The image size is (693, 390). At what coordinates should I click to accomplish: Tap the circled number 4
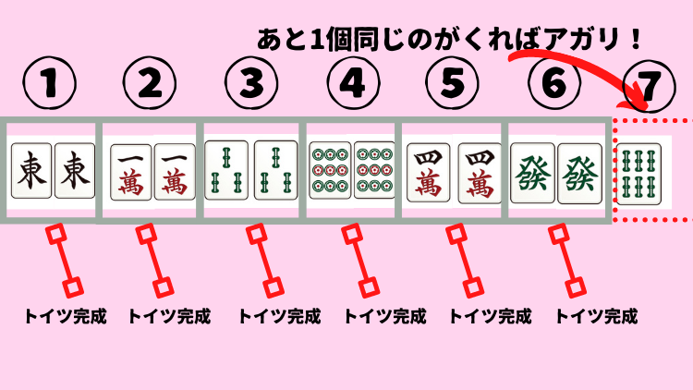[350, 87]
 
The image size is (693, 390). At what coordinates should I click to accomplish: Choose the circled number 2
[149, 87]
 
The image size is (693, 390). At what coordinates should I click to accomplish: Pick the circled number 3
[250, 87]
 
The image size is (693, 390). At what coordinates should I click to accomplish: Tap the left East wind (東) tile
[31, 170]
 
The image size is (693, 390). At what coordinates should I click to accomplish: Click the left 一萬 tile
[130, 170]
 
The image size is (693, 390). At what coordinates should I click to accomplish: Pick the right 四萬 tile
[477, 170]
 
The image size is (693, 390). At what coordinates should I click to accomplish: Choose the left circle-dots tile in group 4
[329, 170]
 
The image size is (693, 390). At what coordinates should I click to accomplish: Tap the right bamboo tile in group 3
[274, 170]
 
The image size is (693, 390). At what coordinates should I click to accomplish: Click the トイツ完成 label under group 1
[66, 317]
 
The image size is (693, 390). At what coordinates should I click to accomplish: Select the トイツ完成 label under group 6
[596, 317]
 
